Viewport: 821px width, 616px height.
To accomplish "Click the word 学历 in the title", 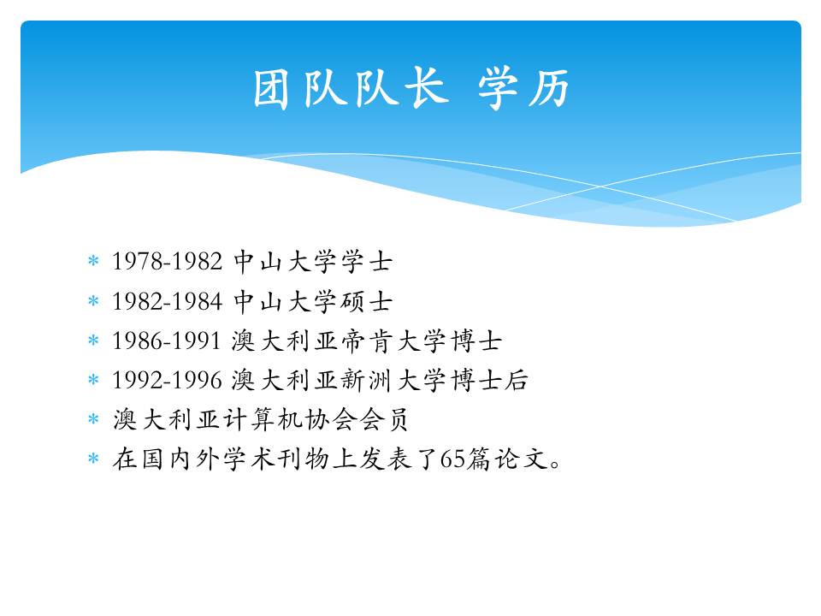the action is (523, 87).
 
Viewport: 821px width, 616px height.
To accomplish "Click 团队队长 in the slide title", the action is (351, 87).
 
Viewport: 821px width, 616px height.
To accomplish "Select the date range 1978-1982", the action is (167, 261).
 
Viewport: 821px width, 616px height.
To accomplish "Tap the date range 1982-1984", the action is (167, 301).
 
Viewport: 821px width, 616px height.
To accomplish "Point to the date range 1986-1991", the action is (166, 341).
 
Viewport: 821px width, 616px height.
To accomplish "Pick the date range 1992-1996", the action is (167, 380).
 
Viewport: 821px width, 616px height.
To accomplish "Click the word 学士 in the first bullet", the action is (366, 261).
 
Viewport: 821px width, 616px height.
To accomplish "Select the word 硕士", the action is (366, 301).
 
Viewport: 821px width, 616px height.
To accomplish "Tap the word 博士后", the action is (489, 380).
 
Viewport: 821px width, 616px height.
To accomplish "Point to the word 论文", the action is (522, 459).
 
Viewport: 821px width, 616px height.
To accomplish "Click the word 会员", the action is (383, 419).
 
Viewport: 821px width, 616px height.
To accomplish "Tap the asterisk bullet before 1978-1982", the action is (93, 260).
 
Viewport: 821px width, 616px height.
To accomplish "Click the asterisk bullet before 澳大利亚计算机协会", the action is (93, 418).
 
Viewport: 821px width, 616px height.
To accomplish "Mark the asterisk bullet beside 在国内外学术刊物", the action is (93, 459).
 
